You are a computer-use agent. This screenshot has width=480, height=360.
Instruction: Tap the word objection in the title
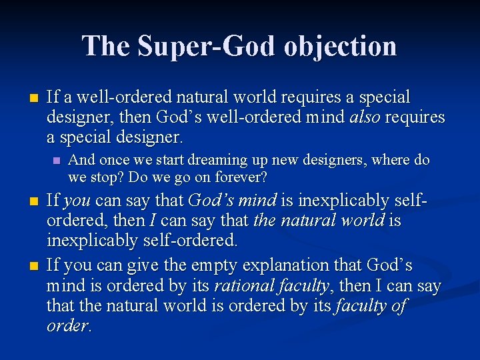pos(342,46)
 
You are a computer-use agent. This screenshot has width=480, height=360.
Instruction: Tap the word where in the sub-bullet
pos(393,160)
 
